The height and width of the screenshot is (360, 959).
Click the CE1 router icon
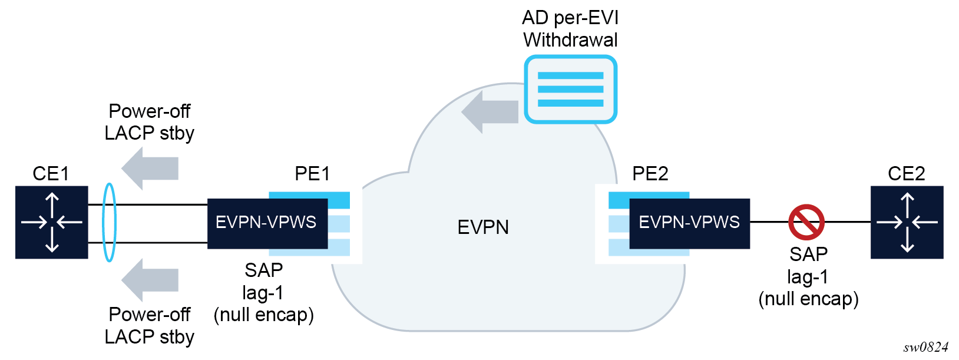point(52,222)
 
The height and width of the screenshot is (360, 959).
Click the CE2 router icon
point(907,222)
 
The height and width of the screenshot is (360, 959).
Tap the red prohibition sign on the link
point(806,222)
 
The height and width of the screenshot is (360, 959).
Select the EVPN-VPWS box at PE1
point(267,223)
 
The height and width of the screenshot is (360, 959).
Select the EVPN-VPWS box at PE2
point(689,223)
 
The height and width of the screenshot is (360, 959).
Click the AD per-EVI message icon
point(570,90)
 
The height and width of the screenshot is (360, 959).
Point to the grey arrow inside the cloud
point(490,111)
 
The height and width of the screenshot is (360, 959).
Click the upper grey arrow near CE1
point(150,169)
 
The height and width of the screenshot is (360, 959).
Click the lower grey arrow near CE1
point(150,280)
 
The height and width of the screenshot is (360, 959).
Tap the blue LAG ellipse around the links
point(110,222)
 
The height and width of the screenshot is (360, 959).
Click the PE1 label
point(312,174)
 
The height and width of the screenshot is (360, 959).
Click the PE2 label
point(650,174)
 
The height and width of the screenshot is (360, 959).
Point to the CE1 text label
point(51,174)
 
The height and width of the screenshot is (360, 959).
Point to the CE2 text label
point(906,174)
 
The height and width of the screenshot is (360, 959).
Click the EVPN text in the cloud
point(483,227)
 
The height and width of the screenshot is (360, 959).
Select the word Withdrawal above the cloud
point(570,40)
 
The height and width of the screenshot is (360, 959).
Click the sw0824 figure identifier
point(925,347)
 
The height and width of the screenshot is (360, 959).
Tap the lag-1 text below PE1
point(263,292)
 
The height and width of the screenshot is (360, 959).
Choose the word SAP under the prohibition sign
point(808,255)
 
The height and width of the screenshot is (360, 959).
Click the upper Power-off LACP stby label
point(150,122)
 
